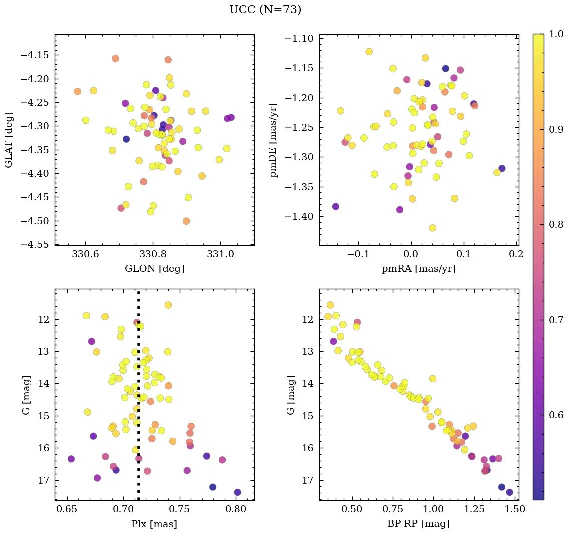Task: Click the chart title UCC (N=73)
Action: click(x=265, y=10)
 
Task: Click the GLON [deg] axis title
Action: click(x=154, y=269)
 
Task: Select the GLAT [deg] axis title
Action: click(x=9, y=139)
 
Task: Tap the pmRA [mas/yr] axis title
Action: click(x=419, y=269)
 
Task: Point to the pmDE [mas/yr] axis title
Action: click(x=274, y=139)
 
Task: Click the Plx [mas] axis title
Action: click(x=154, y=524)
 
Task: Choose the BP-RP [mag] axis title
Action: click(x=419, y=524)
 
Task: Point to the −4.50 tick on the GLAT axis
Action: click(x=34, y=221)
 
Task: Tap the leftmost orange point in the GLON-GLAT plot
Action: click(x=77, y=91)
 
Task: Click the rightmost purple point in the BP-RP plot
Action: click(x=509, y=492)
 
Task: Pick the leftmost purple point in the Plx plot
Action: click(x=71, y=459)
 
